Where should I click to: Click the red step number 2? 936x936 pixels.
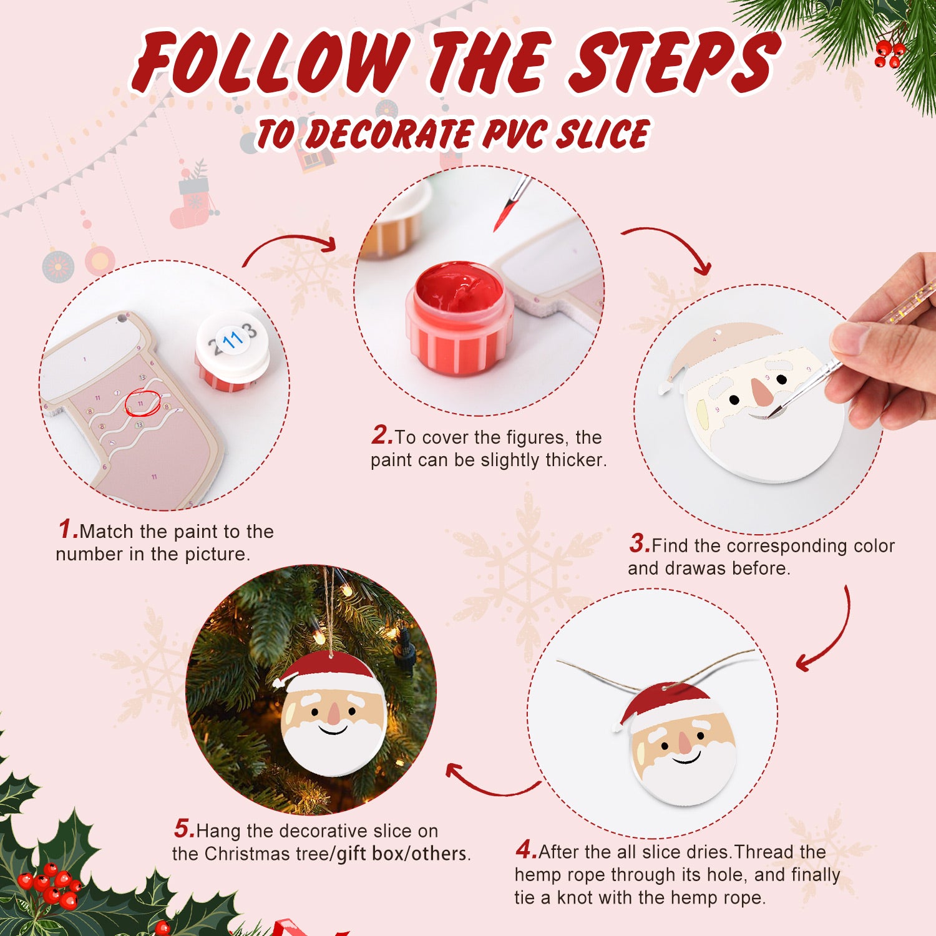[381, 436]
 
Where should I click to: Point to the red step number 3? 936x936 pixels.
[640, 544]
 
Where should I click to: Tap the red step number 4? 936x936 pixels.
[525, 850]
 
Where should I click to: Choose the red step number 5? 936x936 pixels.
[184, 829]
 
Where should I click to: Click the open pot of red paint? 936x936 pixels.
[459, 318]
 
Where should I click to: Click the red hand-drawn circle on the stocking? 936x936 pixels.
[143, 403]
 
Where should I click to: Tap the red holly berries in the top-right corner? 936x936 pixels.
[889, 53]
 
